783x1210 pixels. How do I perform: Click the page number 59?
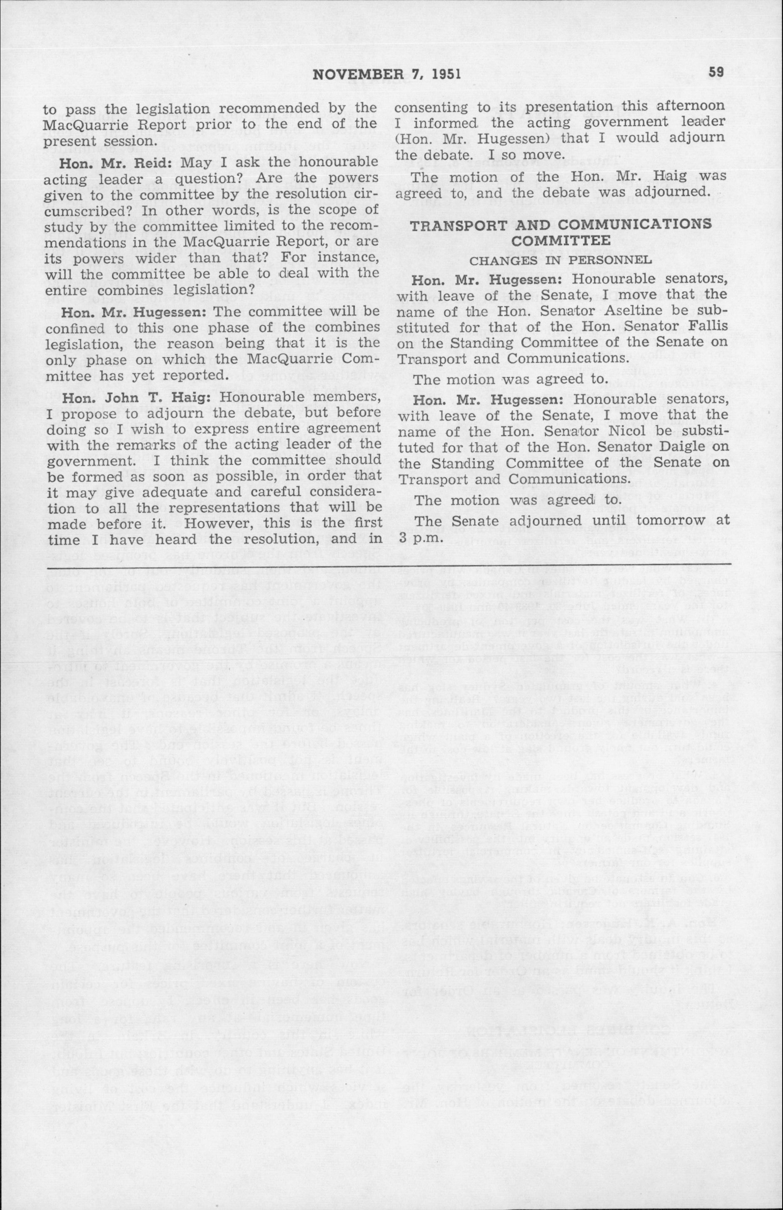[716, 74]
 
